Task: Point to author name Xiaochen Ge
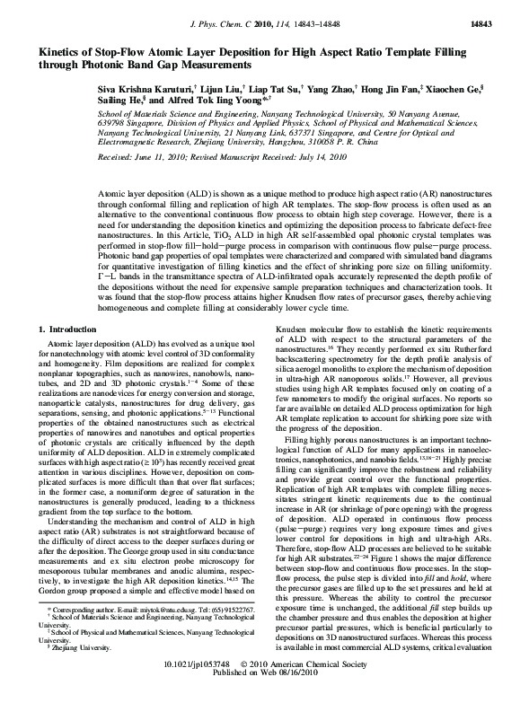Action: (x=455, y=92)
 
